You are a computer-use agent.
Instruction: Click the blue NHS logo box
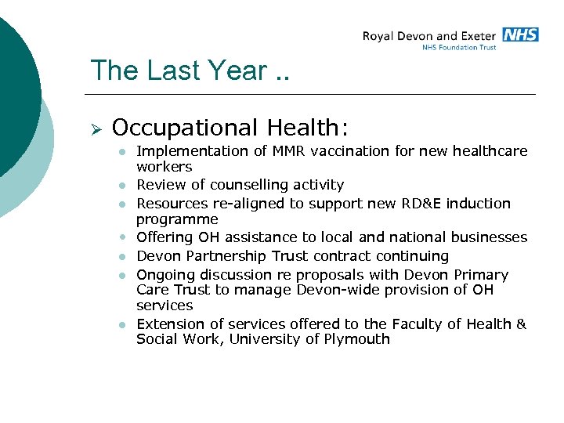pyautogui.click(x=520, y=34)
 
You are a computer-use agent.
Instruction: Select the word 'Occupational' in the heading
pyautogui.click(x=185, y=127)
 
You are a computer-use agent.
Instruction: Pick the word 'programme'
pyautogui.click(x=177, y=219)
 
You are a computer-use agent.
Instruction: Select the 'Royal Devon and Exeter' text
pyautogui.click(x=428, y=35)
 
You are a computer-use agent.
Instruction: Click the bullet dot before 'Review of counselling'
pyautogui.click(x=123, y=186)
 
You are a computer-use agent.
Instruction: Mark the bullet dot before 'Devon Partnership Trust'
pyautogui.click(x=123, y=257)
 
